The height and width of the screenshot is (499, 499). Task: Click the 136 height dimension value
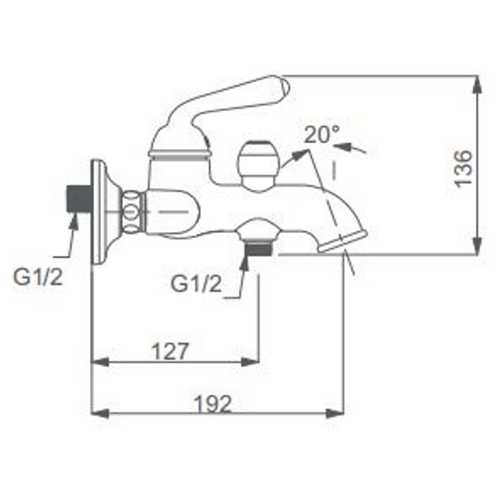(463, 169)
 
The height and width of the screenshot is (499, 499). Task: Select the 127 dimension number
(170, 351)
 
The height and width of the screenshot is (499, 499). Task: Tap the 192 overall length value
(213, 404)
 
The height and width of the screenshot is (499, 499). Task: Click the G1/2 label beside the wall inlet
(38, 277)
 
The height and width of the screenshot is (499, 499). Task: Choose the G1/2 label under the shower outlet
(196, 284)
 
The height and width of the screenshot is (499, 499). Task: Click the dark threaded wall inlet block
(79, 199)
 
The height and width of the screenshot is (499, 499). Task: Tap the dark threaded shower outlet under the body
(259, 248)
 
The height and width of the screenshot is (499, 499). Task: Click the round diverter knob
(258, 165)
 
